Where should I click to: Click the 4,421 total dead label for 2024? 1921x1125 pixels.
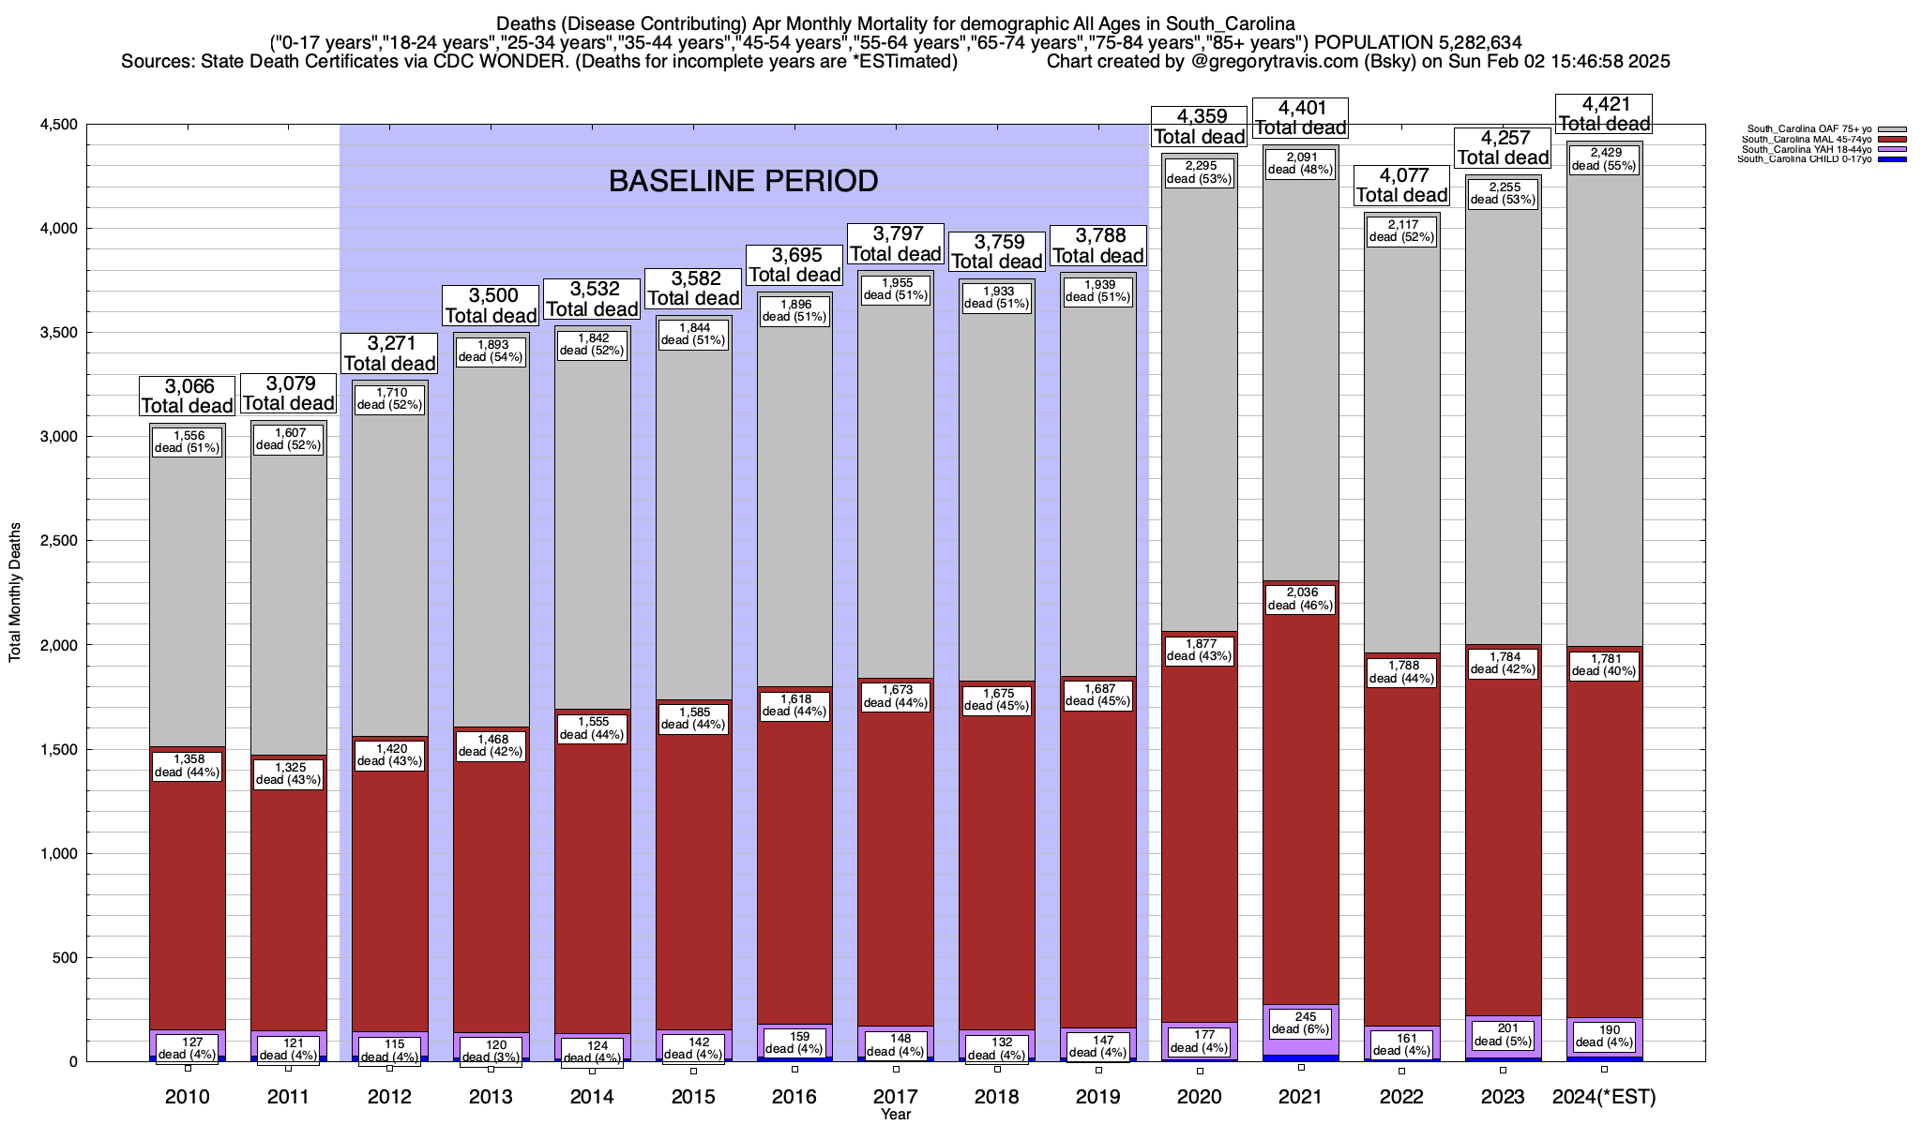click(x=1604, y=113)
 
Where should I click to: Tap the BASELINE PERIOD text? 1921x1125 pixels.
click(x=743, y=181)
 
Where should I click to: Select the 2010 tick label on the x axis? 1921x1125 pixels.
click(x=187, y=1097)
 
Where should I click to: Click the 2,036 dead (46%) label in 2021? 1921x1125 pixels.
click(x=1301, y=598)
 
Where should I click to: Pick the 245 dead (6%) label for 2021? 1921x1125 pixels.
click(x=1301, y=1023)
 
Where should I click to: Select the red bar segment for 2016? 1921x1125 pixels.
click(x=794, y=891)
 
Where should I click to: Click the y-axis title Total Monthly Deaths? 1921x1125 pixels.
click(x=15, y=592)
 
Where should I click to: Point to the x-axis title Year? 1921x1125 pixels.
click(x=896, y=1115)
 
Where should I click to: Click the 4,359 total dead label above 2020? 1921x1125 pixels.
click(x=1199, y=127)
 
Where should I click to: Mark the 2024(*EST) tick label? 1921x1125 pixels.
click(x=1604, y=1097)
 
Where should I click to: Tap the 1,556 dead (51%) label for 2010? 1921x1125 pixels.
click(x=187, y=442)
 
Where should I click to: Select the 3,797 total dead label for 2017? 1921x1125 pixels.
click(x=896, y=244)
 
